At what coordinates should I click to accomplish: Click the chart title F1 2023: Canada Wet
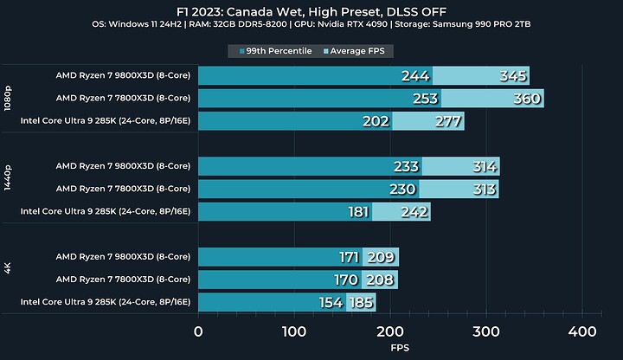(x=311, y=10)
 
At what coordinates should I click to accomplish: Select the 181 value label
(x=359, y=212)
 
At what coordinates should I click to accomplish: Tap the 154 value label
(x=331, y=302)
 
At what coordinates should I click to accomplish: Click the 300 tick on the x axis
(x=487, y=331)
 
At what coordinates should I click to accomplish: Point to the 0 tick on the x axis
(x=199, y=331)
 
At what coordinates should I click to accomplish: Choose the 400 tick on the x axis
(x=583, y=331)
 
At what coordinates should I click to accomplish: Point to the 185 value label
(x=361, y=302)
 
